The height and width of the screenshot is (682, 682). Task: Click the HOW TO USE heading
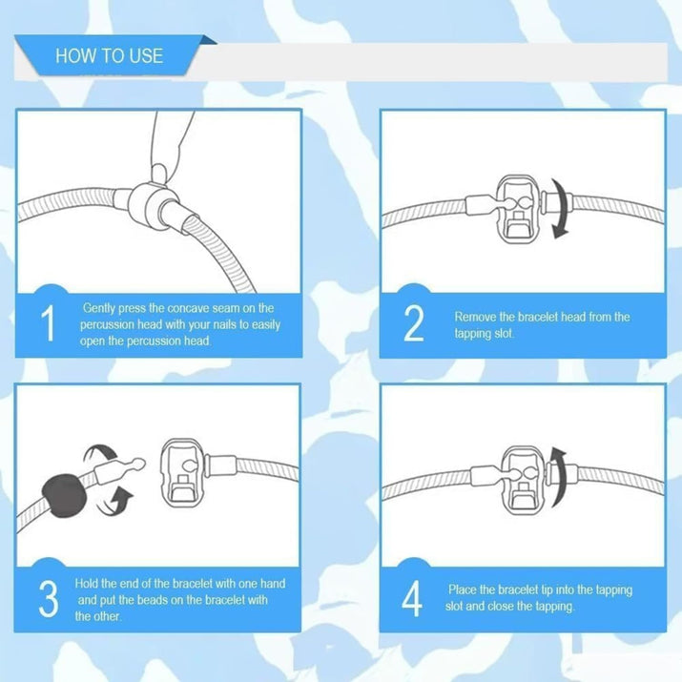(109, 56)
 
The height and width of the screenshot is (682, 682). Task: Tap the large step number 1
(49, 322)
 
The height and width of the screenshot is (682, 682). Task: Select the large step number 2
(414, 322)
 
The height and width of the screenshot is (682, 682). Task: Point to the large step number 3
(49, 598)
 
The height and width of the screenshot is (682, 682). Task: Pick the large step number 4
(412, 598)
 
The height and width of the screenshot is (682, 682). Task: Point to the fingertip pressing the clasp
(159, 172)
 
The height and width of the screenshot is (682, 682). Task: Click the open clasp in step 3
(182, 474)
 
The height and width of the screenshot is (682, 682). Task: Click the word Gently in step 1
(99, 308)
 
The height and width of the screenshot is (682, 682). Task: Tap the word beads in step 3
(153, 600)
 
